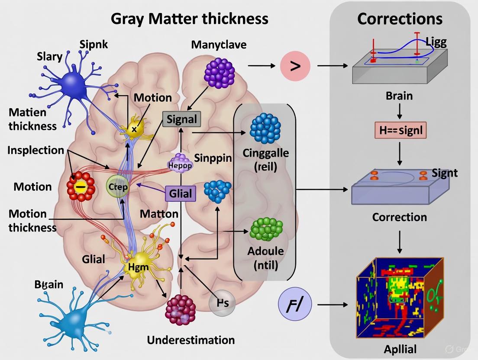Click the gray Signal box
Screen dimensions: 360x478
point(182,119)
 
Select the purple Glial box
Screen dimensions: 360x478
point(181,194)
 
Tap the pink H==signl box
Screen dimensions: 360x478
point(400,130)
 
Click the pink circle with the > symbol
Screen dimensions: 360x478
point(296,66)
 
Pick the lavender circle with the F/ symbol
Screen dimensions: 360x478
point(296,305)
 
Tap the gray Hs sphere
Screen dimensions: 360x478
point(222,303)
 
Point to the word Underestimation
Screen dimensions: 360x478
point(191,340)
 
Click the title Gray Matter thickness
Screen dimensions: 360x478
point(190,19)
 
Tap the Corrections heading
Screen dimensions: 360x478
point(400,19)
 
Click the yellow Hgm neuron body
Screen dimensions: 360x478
point(139,265)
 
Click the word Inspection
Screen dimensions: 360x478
point(36,150)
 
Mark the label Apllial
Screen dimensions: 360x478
point(400,349)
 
